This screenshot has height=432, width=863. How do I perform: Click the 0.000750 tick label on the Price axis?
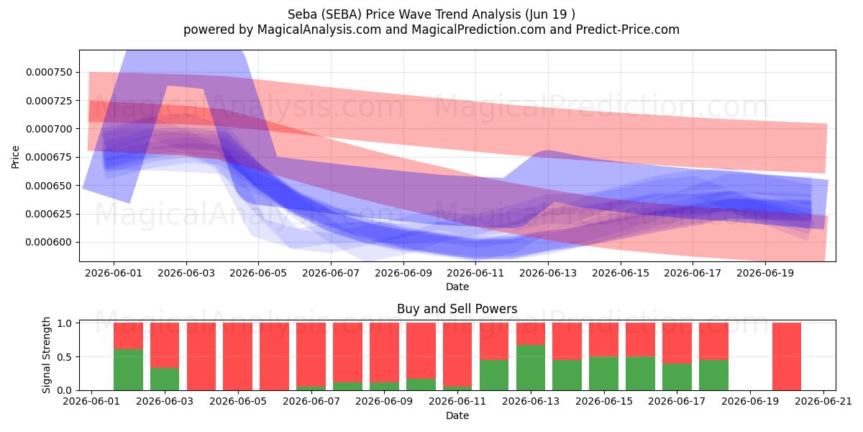pos(49,72)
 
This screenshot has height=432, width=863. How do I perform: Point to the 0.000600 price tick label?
pos(49,242)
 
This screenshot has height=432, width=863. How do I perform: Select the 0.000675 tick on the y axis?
pos(49,157)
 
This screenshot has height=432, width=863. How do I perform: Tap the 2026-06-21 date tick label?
pos(823,402)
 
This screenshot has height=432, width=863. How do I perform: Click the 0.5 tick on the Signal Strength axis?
pos(64,357)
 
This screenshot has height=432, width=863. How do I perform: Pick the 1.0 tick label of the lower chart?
pos(64,323)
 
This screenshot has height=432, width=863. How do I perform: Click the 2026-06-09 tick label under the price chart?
pos(403,273)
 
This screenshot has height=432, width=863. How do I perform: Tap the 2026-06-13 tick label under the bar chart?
pos(531,402)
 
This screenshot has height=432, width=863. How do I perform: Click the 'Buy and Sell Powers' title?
pos(457,309)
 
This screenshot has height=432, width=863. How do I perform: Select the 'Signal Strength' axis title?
pos(46,355)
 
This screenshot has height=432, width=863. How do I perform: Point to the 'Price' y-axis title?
pos(15,157)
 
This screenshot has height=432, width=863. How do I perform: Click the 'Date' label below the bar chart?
pos(457,415)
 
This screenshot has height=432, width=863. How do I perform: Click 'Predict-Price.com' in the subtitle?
pos(628,30)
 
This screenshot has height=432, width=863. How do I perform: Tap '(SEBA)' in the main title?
pos(342,14)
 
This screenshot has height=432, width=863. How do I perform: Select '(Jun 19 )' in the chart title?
pos(550,14)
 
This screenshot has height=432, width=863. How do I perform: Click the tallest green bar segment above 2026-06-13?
pos(531,368)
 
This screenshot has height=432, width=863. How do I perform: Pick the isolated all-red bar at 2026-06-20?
pos(787,356)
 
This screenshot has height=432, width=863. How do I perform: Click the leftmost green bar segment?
pos(128,369)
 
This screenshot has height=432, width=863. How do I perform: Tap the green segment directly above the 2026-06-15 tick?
pos(603,374)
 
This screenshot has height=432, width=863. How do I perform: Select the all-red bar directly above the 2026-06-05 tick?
pos(238,356)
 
